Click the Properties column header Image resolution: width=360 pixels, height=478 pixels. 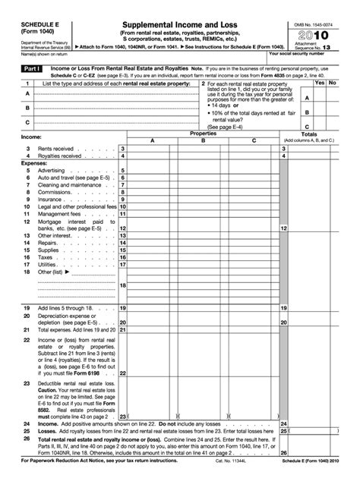click(202, 134)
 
